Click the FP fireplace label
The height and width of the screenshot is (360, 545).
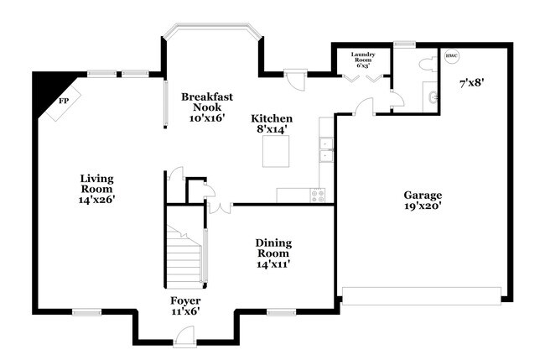coord(62,102)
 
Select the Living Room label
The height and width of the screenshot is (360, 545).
coord(96,189)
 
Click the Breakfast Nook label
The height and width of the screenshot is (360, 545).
coord(203,107)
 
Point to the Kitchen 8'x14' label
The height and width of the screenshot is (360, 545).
coord(272,124)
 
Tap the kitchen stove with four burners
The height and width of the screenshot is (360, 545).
coord(319,195)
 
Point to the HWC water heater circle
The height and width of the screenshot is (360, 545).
coord(452,57)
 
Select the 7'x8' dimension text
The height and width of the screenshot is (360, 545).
coord(473,83)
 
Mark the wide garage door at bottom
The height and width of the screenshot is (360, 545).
coord(422,294)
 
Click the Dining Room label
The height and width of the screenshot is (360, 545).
coord(273,253)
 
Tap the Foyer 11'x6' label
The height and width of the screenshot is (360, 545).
coord(185,305)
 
